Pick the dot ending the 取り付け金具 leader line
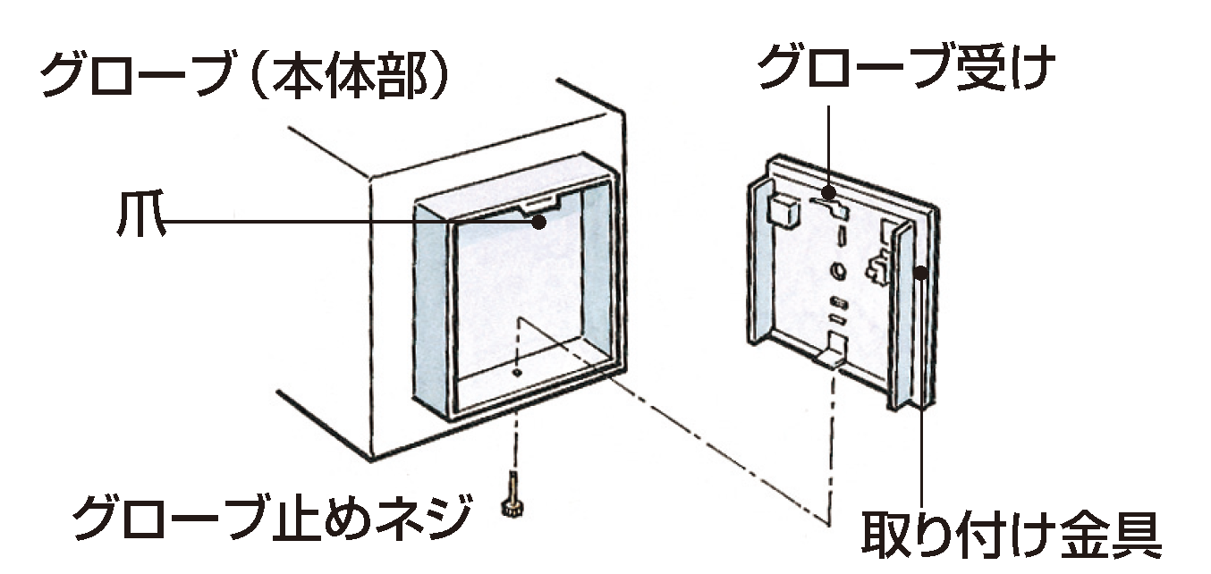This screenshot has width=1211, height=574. coord(921,267)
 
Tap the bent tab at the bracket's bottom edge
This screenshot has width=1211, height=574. coord(831,353)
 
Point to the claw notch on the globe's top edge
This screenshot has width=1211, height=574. coord(540,207)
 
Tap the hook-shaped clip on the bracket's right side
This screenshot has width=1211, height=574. coord(877,266)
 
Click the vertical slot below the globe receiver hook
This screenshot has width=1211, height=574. coord(842,239)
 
